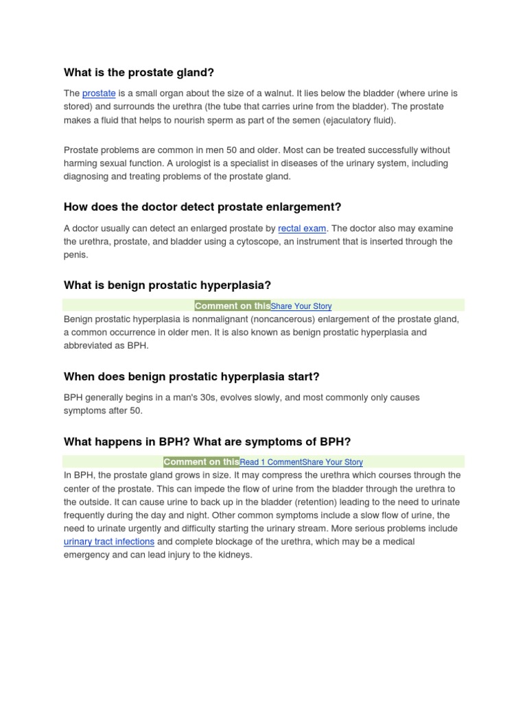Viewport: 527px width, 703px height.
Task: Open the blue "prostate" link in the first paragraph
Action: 99,93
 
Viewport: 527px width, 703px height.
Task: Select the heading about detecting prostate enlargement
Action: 202,207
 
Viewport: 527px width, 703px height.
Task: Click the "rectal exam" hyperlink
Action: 302,229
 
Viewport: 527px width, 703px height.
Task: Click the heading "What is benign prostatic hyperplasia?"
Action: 167,285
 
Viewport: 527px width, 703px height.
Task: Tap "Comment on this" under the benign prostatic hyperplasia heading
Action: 232,306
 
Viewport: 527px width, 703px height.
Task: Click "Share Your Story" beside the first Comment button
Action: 301,306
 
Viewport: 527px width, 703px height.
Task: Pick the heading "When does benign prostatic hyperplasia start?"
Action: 191,376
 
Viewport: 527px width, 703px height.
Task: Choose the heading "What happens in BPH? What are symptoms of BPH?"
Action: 207,441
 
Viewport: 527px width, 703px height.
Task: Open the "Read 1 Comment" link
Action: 270,462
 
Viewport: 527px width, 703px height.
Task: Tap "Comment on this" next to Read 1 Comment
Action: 201,461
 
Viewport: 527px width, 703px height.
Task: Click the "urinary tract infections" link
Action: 108,542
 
